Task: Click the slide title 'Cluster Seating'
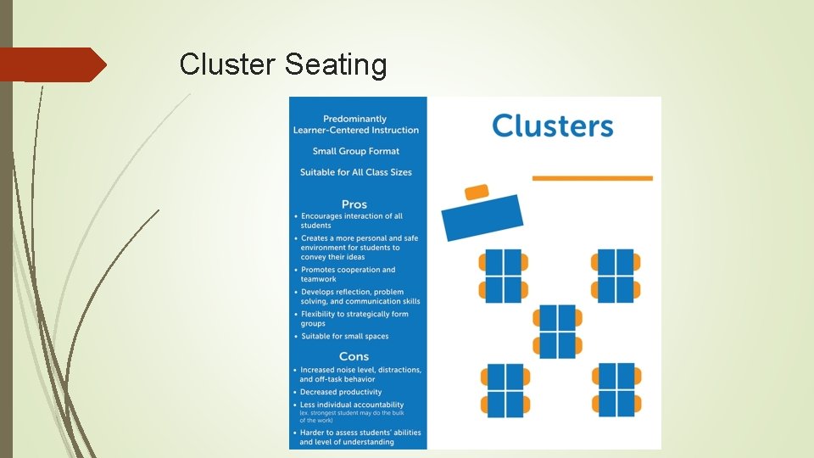click(283, 64)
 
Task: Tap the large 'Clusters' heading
click(552, 126)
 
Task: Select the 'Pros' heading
click(354, 204)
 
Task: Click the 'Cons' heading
click(354, 356)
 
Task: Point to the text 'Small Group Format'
click(356, 151)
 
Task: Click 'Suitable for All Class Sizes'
click(356, 172)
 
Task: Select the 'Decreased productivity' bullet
click(341, 392)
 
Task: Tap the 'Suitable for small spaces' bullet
click(344, 336)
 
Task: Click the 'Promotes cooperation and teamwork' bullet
click(348, 274)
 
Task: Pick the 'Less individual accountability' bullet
click(352, 405)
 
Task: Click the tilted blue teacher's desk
click(482, 217)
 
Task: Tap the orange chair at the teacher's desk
click(477, 192)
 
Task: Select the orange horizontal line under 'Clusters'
click(592, 178)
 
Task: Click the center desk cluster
click(558, 331)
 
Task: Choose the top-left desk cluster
click(503, 276)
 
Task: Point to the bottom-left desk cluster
click(504, 390)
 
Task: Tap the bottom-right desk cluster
click(616, 389)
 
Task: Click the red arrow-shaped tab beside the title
click(51, 64)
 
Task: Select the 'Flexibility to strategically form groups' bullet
click(354, 318)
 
